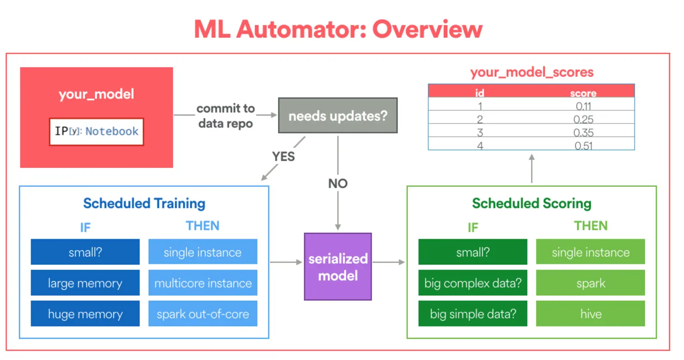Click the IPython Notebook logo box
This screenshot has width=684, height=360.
[x=96, y=132]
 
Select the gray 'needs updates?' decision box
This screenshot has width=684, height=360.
[x=338, y=115]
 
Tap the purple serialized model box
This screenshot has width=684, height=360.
[x=338, y=267]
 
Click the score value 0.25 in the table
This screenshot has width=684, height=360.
[x=583, y=119]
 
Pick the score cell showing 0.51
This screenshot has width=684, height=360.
[x=583, y=146]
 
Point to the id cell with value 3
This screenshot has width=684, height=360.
[x=480, y=133]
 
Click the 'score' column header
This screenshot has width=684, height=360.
[x=583, y=93]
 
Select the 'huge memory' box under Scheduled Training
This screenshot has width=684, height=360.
[x=85, y=313]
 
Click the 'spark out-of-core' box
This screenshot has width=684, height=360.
[x=203, y=313]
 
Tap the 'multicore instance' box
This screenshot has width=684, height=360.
[x=203, y=283]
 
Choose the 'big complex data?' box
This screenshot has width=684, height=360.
[x=473, y=283]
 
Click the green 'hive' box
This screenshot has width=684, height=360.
[x=591, y=313]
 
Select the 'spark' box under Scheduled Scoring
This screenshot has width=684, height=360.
[x=591, y=283]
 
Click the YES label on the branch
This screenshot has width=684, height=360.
[x=283, y=157]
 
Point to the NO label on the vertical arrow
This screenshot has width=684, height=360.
[x=338, y=183]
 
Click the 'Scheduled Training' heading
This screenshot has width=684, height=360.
[x=144, y=203]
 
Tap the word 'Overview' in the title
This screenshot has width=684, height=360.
[x=427, y=29]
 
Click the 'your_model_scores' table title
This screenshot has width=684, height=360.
[x=532, y=72]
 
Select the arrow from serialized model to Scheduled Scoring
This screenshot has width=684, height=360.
[x=389, y=262]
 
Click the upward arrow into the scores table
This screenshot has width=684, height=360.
[x=532, y=168]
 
